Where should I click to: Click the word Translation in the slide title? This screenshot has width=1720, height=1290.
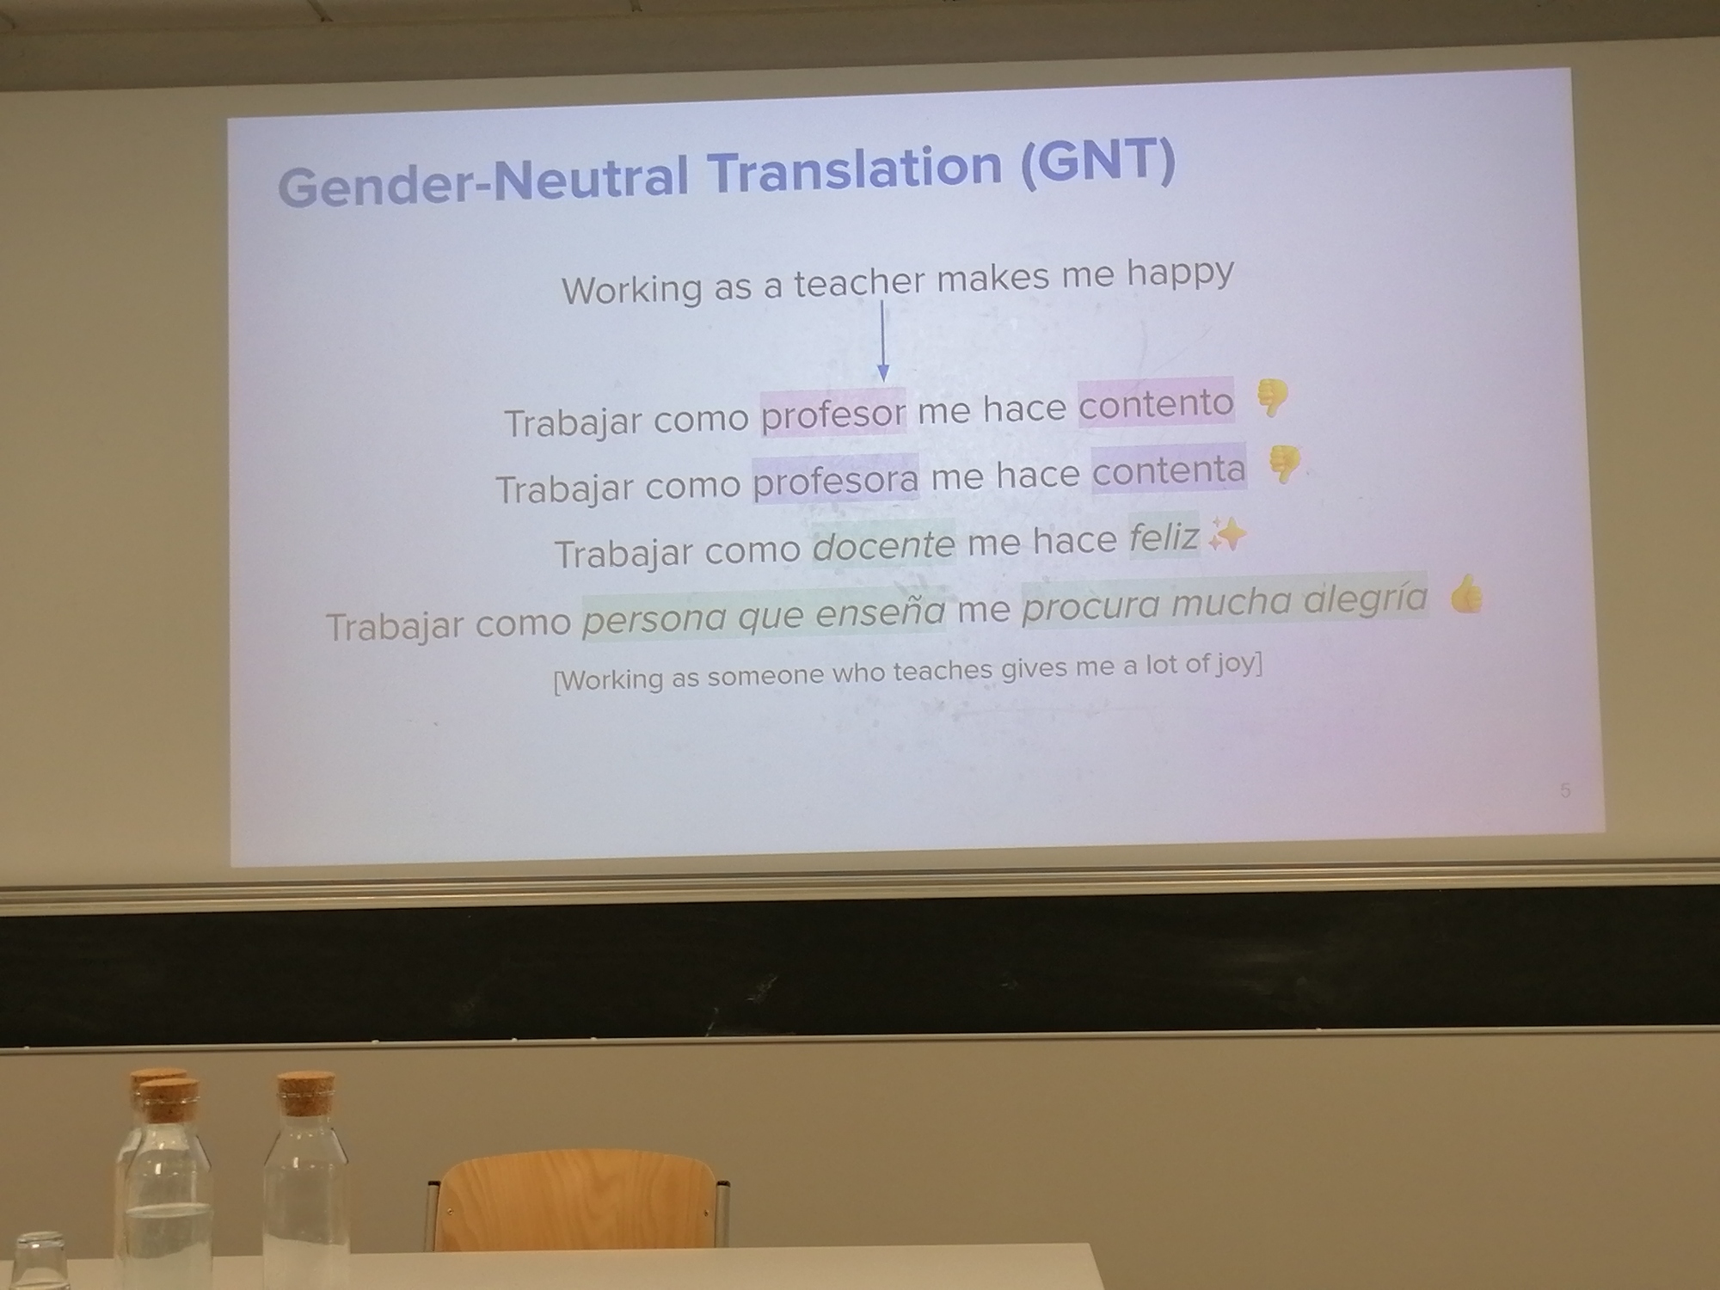click(856, 171)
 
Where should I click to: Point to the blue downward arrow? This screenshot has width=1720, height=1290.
click(882, 340)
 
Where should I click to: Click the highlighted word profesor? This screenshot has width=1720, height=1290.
click(833, 415)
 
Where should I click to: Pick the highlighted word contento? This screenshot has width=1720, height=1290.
click(1156, 402)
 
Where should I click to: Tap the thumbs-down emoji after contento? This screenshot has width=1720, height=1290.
click(1272, 398)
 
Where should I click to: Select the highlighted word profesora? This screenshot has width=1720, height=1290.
click(836, 479)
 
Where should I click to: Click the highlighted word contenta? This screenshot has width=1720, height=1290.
click(1169, 470)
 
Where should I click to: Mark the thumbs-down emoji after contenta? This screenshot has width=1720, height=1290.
click(1284, 464)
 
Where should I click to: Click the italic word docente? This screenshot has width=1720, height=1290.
click(883, 545)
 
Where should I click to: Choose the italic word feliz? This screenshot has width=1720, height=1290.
click(1164, 538)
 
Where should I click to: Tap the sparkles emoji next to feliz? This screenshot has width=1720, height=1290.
click(1226, 535)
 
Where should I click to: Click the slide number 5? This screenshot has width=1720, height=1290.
click(1565, 790)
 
